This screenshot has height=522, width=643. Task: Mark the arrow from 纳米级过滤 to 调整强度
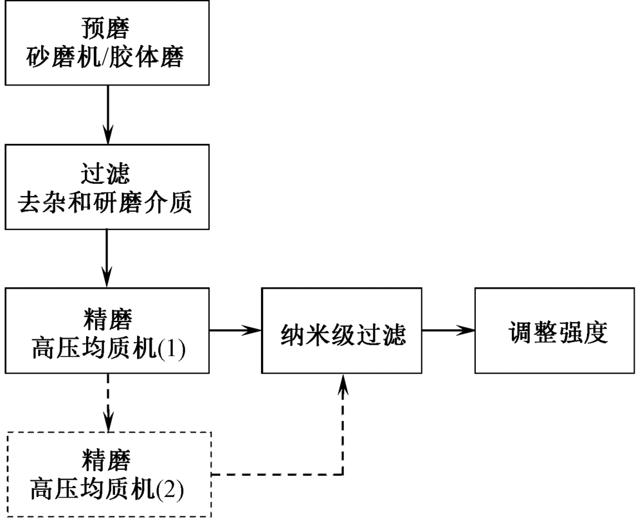tap(448, 330)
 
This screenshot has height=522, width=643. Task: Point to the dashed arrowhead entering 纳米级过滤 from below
tap(343, 382)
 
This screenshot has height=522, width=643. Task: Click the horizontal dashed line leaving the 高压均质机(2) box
tap(276, 475)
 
